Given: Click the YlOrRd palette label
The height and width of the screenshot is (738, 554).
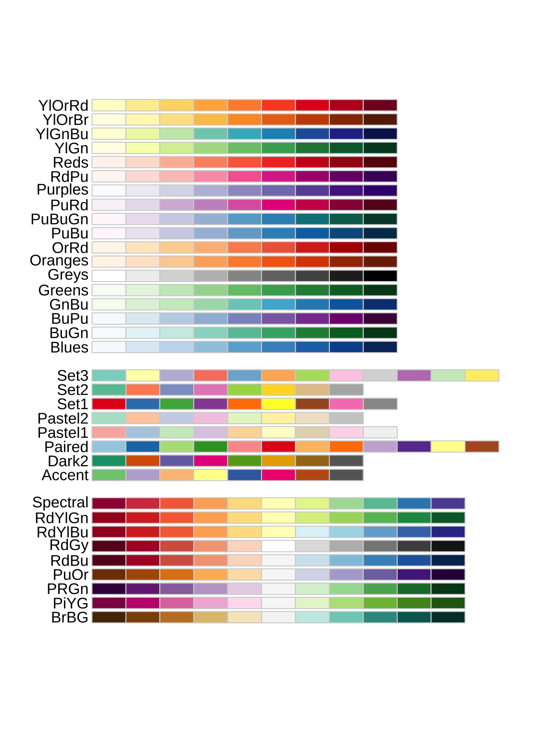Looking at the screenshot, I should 63,106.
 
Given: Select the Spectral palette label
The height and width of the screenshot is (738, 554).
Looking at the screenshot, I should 60,503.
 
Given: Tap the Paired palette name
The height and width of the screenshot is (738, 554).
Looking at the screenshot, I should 66,447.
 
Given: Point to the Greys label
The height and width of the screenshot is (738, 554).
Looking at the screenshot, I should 68,275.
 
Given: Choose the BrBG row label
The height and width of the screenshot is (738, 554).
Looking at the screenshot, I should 70,617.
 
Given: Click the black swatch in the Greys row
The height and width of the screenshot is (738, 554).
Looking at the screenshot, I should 380,276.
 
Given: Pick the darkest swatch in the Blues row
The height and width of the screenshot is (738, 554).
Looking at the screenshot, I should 380,347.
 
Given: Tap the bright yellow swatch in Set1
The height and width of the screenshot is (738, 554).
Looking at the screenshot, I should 278,404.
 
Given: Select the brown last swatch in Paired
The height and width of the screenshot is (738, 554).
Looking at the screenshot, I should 482,447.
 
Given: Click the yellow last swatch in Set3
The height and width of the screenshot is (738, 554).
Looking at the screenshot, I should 482,375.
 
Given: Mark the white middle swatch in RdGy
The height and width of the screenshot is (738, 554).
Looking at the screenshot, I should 278,546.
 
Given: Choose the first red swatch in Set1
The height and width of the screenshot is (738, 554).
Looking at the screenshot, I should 109,404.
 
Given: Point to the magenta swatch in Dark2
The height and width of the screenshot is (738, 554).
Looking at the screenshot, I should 211,461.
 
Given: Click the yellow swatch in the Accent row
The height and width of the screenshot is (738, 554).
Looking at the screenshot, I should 211,475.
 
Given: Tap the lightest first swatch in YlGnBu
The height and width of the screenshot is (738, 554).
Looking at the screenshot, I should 109,134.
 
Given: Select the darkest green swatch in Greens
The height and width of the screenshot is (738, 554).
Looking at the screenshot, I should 380,290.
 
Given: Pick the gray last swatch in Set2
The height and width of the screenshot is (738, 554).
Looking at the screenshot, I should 346,390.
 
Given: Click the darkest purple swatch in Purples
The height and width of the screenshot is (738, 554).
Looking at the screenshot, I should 380,190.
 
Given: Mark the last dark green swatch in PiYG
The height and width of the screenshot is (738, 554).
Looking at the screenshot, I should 448,603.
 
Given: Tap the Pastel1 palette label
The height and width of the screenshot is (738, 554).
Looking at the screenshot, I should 63,433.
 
